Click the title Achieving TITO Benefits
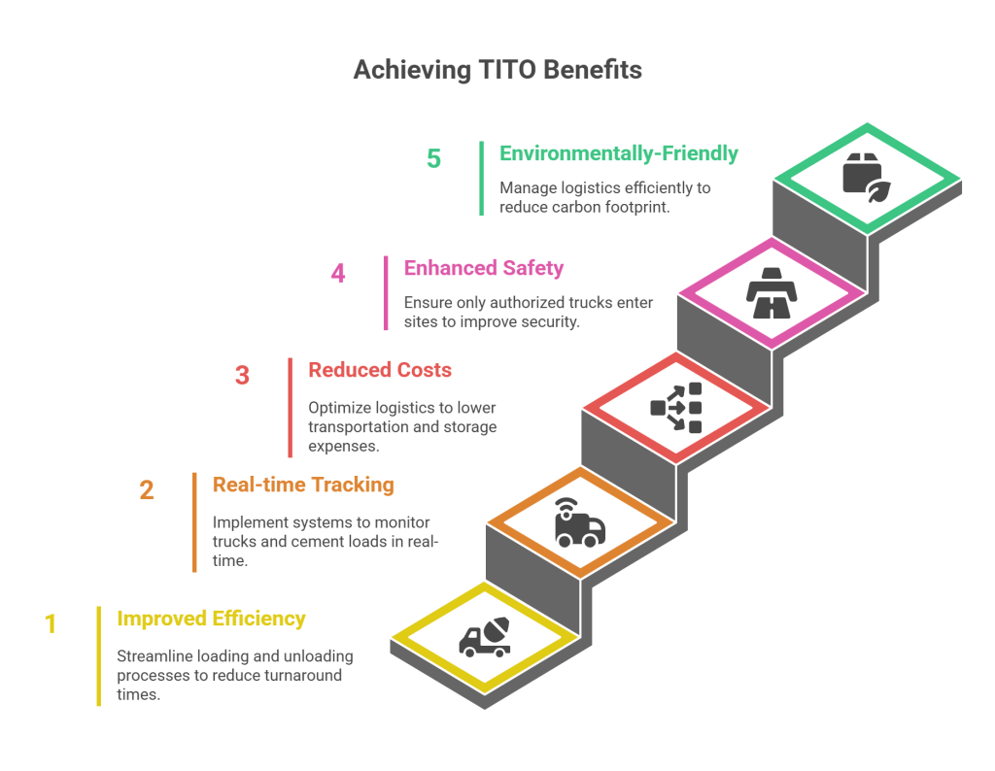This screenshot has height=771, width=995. coord(497,70)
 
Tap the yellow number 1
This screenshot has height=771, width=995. coord(51,624)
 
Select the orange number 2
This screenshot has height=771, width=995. coord(147,490)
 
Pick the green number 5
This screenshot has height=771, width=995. coord(433,158)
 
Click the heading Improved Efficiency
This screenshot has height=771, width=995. coord(211,619)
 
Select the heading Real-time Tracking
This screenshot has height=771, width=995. coord(303,485)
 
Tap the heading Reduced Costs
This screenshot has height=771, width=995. coord(380,370)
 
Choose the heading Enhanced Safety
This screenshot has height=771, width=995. coord(484,268)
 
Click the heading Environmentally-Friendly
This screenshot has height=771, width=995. coord(619,153)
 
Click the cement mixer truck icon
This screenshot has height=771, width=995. coord(485,637)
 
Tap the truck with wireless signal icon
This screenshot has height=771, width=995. coord(580,522)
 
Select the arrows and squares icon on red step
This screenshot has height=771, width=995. coord(676,408)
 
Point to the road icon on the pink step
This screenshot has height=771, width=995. coord(771,293)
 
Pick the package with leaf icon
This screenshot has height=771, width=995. coord(867,178)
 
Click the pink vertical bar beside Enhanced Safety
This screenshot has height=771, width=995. coord(386,293)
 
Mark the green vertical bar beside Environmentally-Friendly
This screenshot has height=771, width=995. coord(482,178)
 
